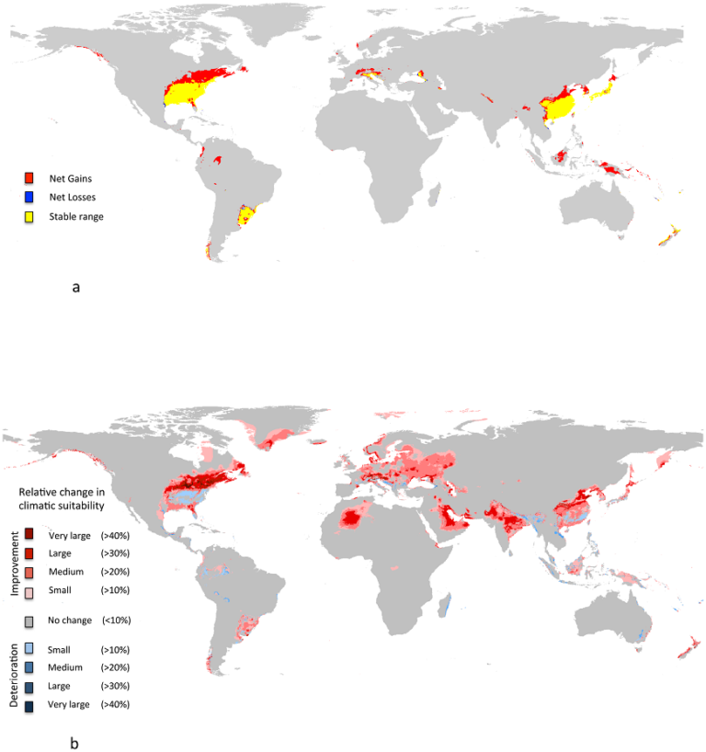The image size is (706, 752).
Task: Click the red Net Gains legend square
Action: (29, 177)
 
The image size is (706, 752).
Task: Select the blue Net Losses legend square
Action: (29, 197)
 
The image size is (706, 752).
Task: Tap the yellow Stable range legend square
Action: (29, 217)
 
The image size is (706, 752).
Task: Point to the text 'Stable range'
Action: (76, 217)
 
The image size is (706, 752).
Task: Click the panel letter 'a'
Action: (76, 287)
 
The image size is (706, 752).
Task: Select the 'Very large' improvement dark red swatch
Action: (29, 534)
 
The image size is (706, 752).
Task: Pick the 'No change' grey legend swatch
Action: (29, 621)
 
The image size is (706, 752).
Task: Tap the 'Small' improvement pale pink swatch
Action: (29, 590)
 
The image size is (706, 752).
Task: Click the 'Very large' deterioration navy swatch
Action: (29, 705)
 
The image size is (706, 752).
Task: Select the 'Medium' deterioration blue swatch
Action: (29, 667)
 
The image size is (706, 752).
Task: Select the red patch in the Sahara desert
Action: (353, 520)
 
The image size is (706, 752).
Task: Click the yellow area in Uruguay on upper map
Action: (246, 219)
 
